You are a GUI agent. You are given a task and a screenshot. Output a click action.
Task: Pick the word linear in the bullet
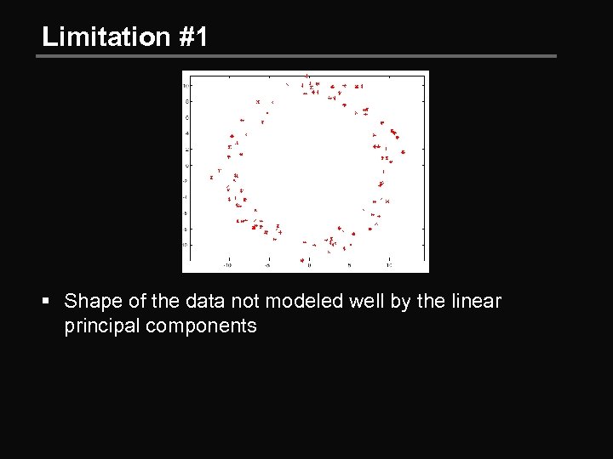477,301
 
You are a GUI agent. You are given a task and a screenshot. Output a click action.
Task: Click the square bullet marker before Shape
49,302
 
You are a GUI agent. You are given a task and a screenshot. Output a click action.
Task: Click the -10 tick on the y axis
186,245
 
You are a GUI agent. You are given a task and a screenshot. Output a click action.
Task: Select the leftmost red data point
211,178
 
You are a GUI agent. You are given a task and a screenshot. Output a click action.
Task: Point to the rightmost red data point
403,152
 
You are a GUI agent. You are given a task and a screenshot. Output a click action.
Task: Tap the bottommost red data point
301,259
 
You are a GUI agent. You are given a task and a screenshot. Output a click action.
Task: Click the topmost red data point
307,75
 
